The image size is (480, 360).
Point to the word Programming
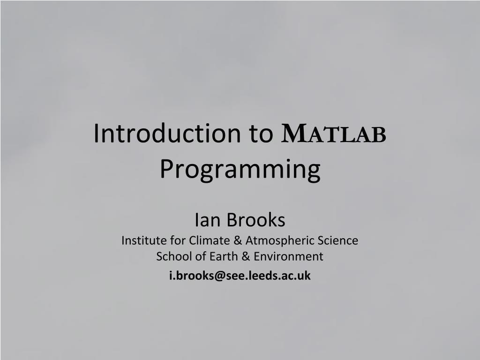(x=240, y=169)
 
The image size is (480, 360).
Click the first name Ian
(x=204, y=219)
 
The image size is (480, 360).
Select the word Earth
(x=213, y=256)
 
